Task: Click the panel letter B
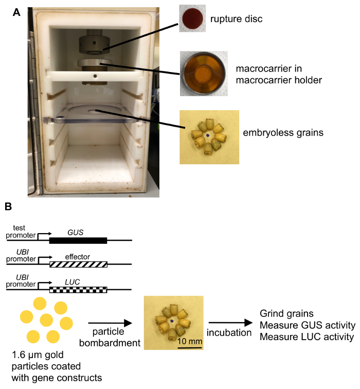(x=9, y=207)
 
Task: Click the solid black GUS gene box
(x=78, y=240)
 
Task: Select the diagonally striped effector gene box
(x=78, y=264)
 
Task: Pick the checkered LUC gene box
(x=78, y=289)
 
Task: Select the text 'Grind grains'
(x=283, y=313)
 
